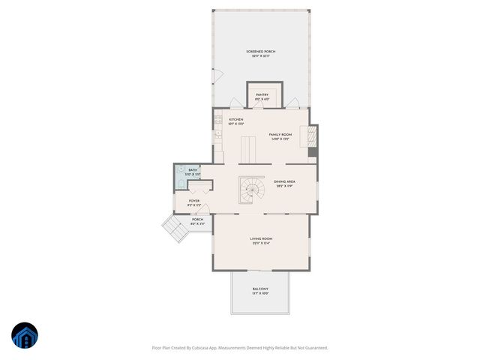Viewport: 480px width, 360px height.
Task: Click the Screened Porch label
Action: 261,52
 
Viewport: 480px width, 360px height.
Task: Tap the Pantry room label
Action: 262,96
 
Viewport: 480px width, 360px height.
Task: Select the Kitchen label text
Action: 235,121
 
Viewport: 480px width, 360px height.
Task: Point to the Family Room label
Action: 280,136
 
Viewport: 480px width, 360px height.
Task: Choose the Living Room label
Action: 261,241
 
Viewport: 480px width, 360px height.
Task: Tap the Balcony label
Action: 260,290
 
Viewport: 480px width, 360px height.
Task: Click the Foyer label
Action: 194,203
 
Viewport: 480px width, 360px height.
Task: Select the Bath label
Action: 193,172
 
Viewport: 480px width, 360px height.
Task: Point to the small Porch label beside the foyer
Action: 197,222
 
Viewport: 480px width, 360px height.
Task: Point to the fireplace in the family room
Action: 312,136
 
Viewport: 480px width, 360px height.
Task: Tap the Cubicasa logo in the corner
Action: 24,335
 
